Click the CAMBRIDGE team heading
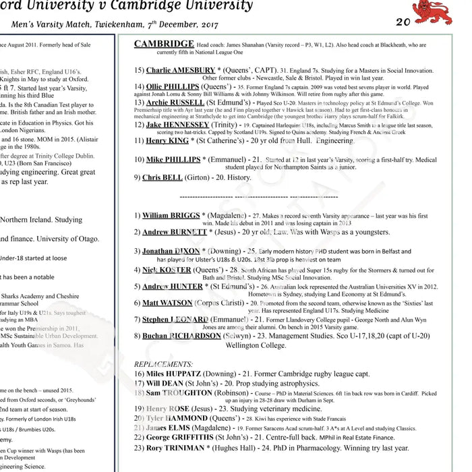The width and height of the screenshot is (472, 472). pyautogui.click(x=164, y=45)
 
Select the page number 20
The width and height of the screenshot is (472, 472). pyautogui.click(x=403, y=22)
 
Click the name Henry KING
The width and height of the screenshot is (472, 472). pyautogui.click(x=167, y=141)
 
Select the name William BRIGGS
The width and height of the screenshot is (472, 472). pyautogui.click(x=171, y=216)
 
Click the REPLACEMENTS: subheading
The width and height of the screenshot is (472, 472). pyautogui.click(x=163, y=363)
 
